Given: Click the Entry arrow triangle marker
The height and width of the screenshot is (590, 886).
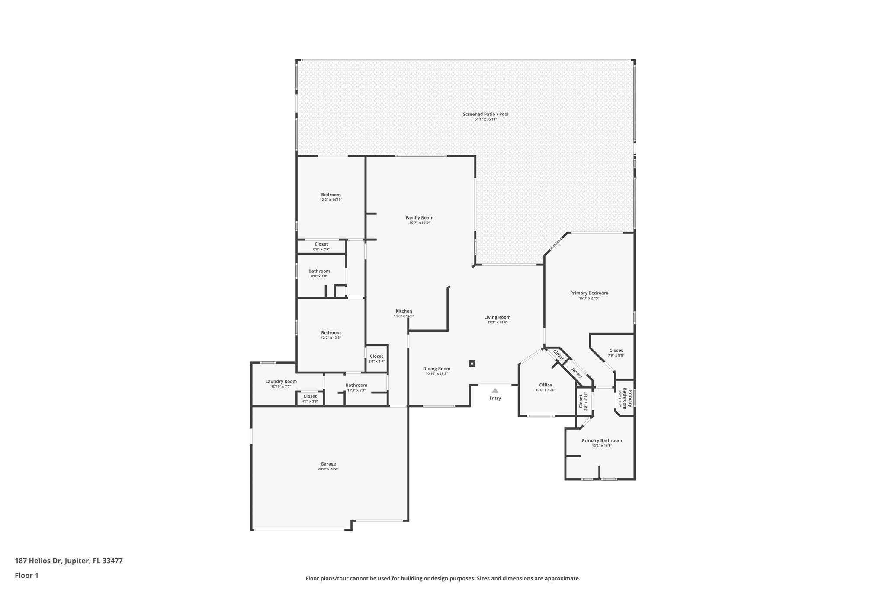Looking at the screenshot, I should (495, 391).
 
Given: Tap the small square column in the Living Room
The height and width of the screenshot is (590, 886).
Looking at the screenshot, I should (472, 364).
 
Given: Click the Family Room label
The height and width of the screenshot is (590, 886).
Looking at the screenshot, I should (419, 218).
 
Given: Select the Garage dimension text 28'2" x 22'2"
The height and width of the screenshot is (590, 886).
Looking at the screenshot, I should (328, 469).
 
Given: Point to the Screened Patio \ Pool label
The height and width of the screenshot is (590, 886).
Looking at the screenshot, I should (485, 114).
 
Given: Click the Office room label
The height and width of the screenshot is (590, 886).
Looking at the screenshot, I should (546, 385).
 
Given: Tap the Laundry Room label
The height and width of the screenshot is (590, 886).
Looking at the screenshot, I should (281, 381).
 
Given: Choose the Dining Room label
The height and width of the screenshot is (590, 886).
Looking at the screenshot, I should (437, 369).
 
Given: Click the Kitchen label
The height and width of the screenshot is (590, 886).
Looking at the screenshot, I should (404, 311).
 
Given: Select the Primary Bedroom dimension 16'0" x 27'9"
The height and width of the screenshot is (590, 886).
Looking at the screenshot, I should (589, 298).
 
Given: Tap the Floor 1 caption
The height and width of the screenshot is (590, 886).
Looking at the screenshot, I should (26, 575).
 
